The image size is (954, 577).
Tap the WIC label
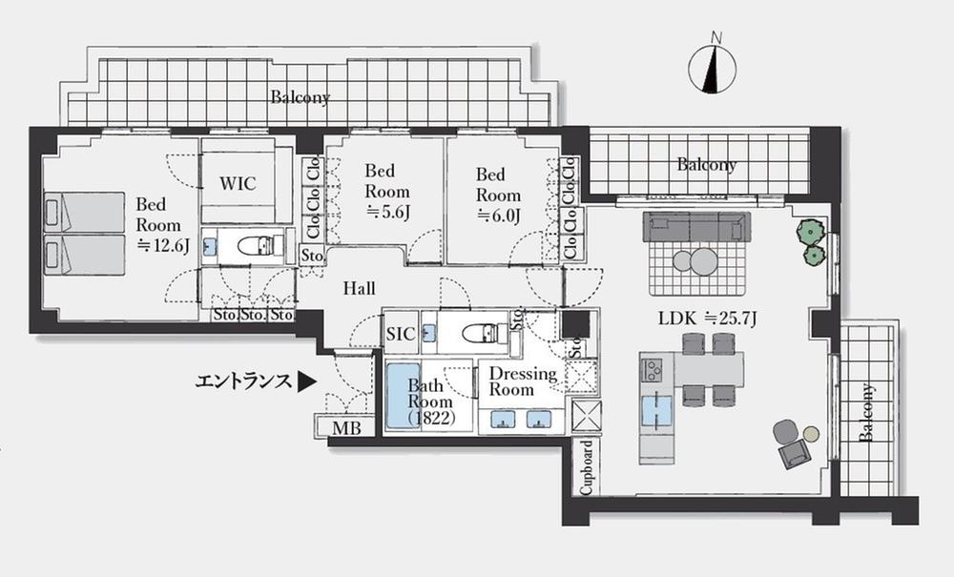click(238, 183)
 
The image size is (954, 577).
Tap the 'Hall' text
click(359, 288)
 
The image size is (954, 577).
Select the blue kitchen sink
click(657, 410)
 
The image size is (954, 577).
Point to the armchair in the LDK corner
click(793, 443)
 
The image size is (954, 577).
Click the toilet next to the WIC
click(257, 246)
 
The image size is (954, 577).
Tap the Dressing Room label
click(524, 381)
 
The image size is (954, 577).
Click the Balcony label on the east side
click(867, 413)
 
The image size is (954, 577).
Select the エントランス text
click(242, 382)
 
